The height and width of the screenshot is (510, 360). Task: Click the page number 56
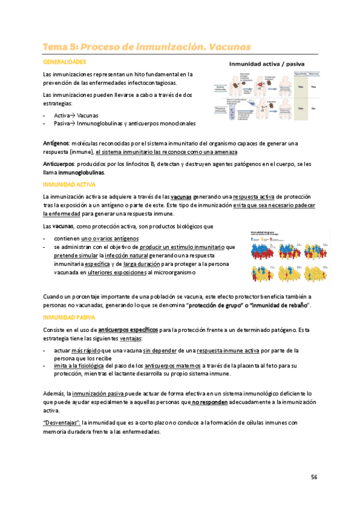coord(314,477)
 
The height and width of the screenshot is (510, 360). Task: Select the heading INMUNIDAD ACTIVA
coord(66,184)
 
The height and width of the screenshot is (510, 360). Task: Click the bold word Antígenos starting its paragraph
coord(56,144)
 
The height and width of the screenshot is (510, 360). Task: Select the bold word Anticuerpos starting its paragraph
coord(58,164)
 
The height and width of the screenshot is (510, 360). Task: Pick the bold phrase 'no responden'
coord(209,401)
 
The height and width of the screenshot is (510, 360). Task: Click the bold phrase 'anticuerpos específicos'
coord(128,330)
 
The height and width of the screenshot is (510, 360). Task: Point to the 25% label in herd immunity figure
coord(307,245)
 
